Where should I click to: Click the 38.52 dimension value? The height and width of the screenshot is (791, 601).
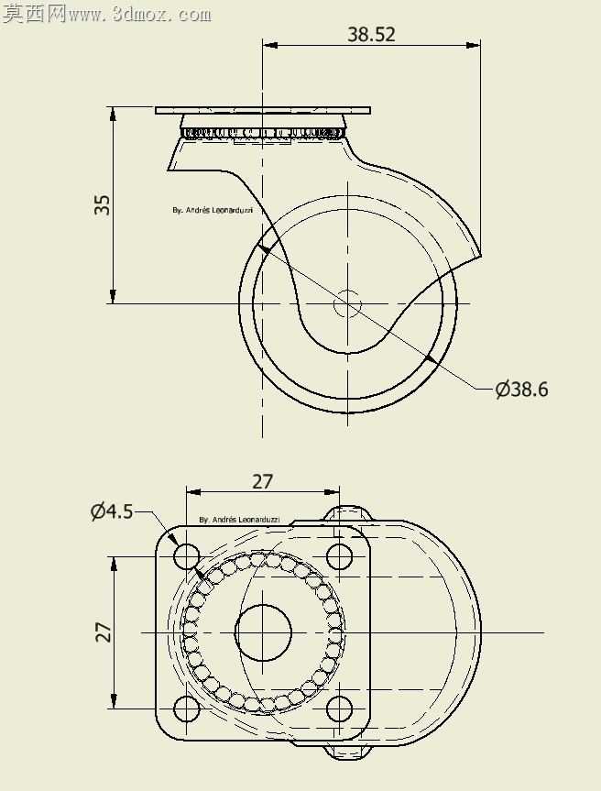click(371, 34)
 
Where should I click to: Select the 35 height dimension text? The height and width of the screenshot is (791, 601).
click(103, 204)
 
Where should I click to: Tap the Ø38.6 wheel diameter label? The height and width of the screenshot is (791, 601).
click(521, 389)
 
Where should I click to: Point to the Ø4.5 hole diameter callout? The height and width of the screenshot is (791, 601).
click(112, 511)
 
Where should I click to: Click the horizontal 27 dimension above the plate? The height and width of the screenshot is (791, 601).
click(262, 482)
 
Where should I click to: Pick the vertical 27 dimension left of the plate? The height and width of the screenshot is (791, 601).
click(104, 632)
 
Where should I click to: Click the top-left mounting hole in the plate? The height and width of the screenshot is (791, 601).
click(187, 556)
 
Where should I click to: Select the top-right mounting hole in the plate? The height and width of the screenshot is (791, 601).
click(339, 556)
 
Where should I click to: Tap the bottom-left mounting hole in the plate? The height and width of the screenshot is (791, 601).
click(187, 709)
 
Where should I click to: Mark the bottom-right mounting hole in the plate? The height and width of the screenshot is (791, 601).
click(339, 709)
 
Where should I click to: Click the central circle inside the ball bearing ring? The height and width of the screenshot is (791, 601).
click(263, 632)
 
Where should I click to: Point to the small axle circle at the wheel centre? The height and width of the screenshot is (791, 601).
click(348, 303)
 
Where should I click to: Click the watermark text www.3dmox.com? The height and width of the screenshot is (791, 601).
click(139, 16)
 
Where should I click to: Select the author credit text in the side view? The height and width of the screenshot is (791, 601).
click(213, 211)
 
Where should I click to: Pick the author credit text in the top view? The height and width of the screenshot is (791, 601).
click(239, 519)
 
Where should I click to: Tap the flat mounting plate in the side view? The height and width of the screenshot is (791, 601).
click(263, 110)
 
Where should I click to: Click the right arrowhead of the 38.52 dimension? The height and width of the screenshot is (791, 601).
click(473, 46)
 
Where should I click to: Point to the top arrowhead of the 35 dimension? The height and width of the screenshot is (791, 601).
click(113, 114)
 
